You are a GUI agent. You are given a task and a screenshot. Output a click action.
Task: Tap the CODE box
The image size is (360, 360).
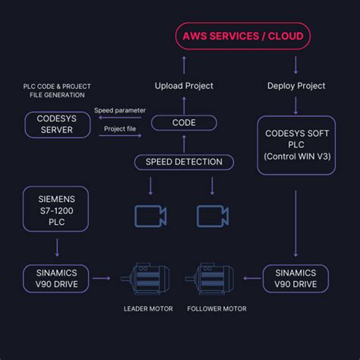click(x=184, y=122)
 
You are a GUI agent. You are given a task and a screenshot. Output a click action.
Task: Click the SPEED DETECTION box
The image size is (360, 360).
click(x=184, y=162)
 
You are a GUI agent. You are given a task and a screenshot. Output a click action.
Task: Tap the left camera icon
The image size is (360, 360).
click(x=150, y=215)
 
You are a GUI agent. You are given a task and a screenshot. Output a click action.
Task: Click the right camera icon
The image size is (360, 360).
click(x=212, y=215)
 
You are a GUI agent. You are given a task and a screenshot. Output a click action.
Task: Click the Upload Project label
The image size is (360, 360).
click(x=184, y=85)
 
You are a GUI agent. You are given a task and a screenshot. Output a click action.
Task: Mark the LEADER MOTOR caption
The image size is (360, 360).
click(x=149, y=309)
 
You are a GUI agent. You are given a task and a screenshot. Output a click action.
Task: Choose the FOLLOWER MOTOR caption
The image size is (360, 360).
click(x=216, y=309)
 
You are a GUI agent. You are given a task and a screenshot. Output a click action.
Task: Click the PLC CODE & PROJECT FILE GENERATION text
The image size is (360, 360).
click(x=57, y=90)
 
